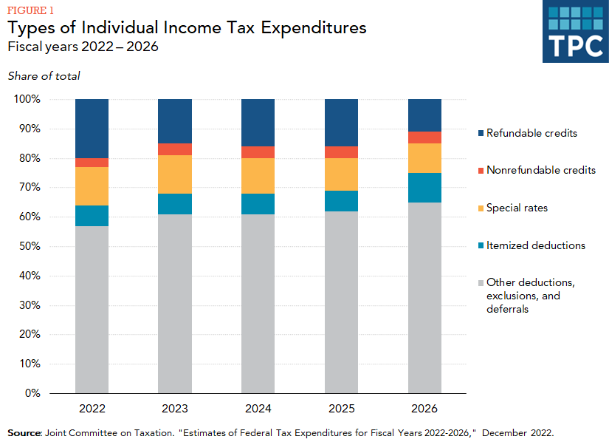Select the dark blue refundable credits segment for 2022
tap(92, 128)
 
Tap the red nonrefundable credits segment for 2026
tap(424, 137)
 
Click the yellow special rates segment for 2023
tap(175, 174)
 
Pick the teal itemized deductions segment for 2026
tap(424, 188)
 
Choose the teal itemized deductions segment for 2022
tap(92, 215)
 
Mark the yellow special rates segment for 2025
tap(342, 174)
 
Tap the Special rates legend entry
tap(516, 208)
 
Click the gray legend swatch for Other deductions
tap(481, 283)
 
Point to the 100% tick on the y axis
tap(27, 99)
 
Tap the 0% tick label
tap(32, 393)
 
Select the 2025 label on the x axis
tap(342, 409)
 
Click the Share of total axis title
tap(44, 76)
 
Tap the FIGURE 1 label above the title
tap(32, 10)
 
